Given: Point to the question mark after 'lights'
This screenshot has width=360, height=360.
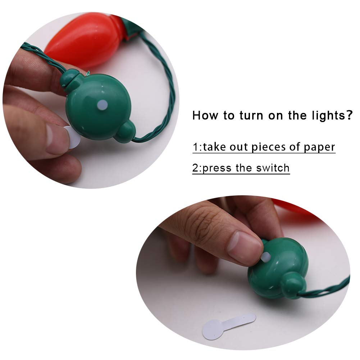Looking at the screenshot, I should (x=348, y=115).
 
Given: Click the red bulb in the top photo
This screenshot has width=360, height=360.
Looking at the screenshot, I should (x=83, y=40).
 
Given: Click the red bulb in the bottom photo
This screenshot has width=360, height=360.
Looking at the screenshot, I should (x=295, y=209).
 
